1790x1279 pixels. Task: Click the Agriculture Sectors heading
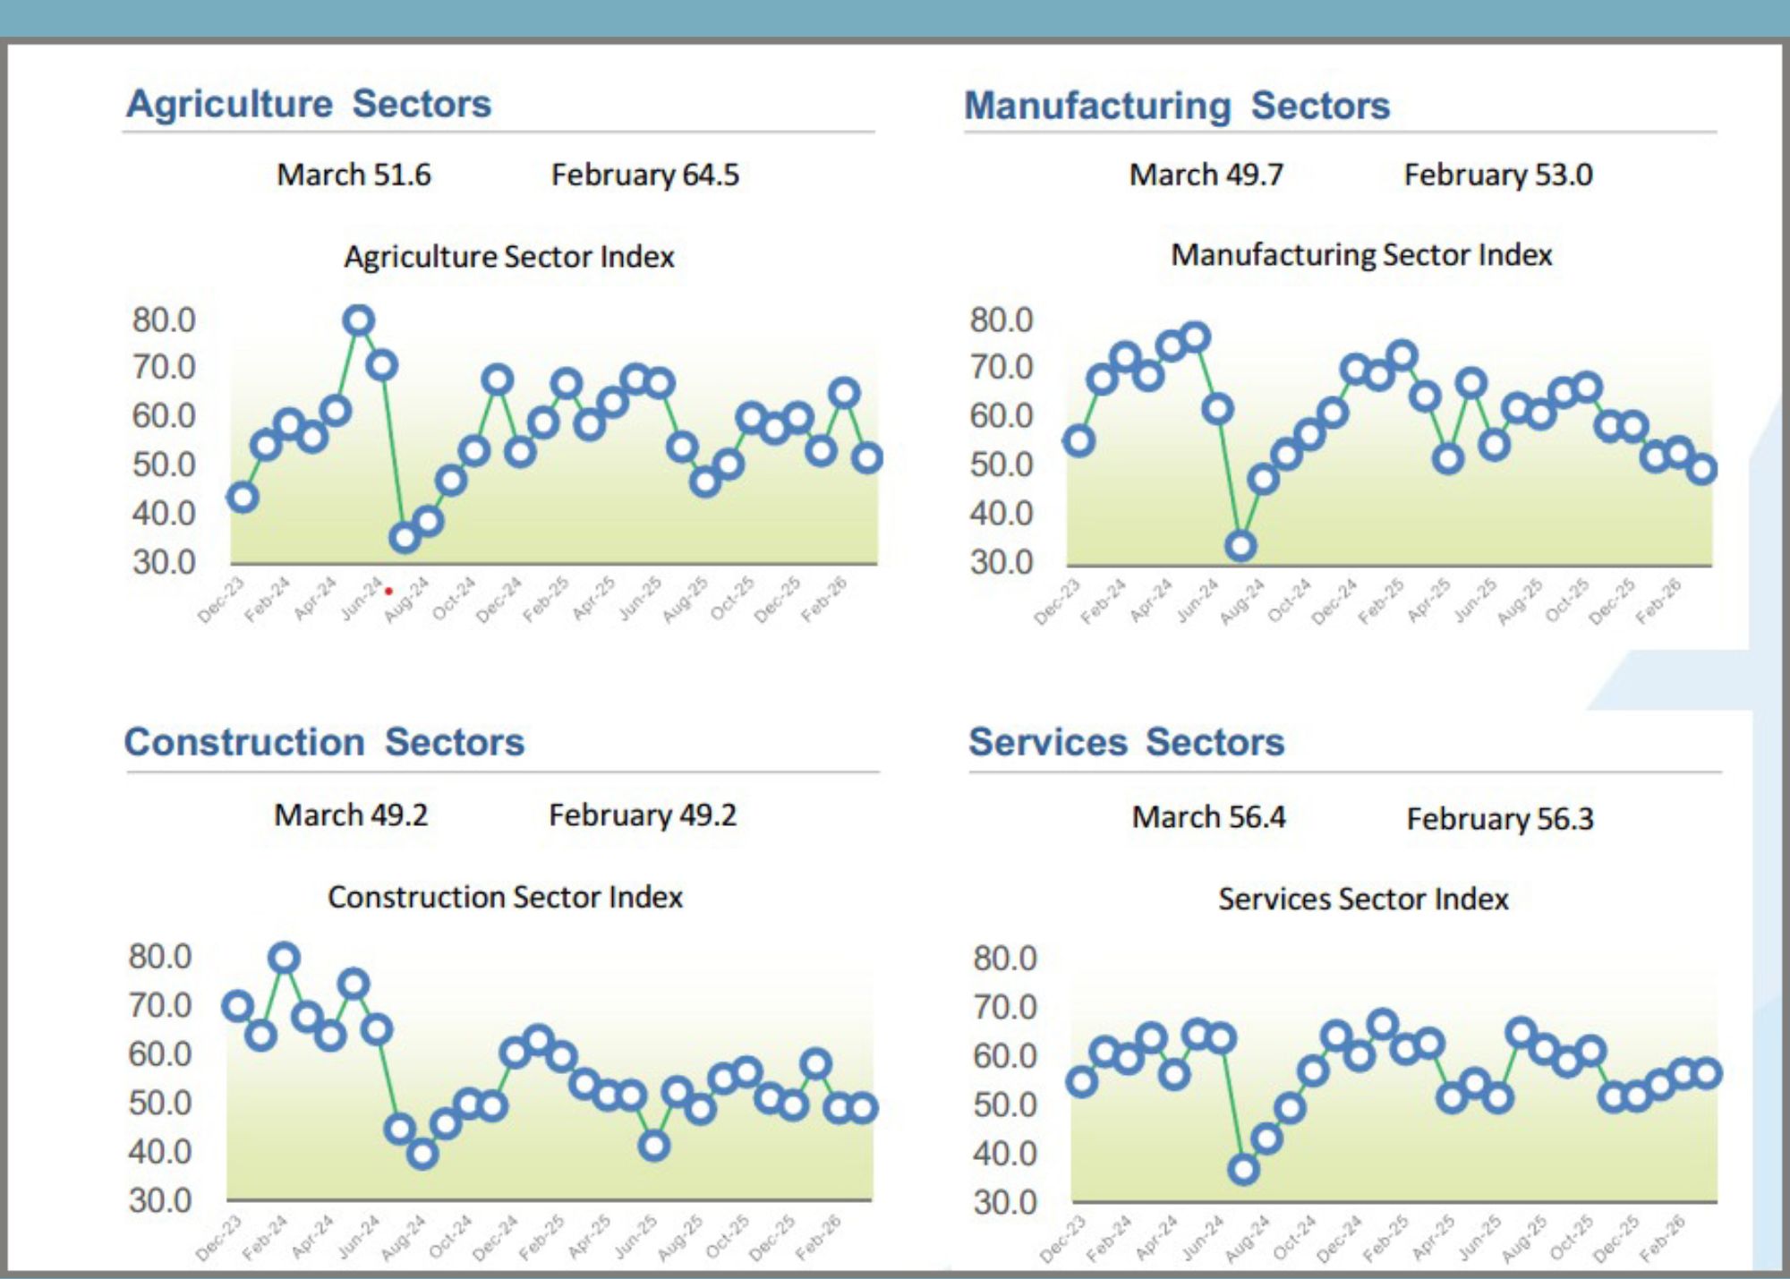point(309,104)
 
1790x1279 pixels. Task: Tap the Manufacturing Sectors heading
point(1176,106)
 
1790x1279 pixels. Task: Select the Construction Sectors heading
point(324,742)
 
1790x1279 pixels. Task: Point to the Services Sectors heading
point(1126,742)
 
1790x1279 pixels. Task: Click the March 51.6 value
point(354,175)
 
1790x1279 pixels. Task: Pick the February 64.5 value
point(644,175)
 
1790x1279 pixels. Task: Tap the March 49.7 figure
point(1206,175)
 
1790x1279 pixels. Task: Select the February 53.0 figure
point(1497,175)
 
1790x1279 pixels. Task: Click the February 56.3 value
point(1499,818)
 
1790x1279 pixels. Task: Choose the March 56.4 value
point(1207,816)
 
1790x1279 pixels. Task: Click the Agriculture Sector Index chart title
point(508,257)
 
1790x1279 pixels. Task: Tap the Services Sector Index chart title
point(1362,899)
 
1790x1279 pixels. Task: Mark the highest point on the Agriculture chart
point(358,320)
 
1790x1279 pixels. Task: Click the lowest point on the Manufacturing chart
point(1240,545)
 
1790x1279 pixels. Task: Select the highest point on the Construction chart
point(284,959)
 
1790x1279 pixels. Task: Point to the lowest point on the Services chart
point(1243,1169)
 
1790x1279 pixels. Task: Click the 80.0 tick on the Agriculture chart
point(164,320)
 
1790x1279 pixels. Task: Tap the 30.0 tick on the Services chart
point(1004,1202)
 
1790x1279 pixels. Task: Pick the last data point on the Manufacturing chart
point(1701,469)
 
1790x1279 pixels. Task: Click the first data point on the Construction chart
point(237,1006)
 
